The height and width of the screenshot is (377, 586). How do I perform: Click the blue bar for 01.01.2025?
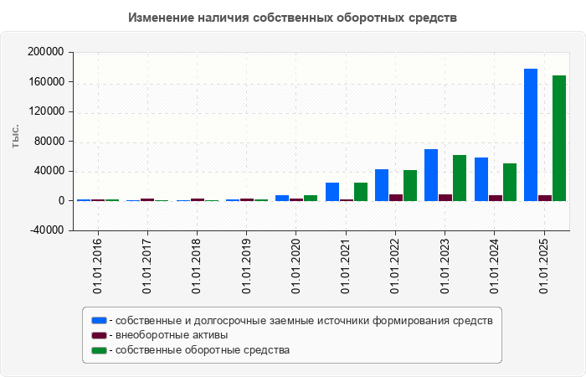(x=531, y=135)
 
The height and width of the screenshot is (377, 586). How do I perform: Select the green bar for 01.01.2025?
(x=559, y=138)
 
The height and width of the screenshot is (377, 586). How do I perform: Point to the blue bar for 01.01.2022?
(x=382, y=185)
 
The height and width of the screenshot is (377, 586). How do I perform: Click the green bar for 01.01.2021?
(x=361, y=192)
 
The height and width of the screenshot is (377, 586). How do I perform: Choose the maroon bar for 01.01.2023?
(x=445, y=198)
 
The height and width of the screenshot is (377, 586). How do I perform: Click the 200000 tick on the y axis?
(x=46, y=52)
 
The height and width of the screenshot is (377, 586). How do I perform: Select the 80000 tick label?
(x=49, y=142)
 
